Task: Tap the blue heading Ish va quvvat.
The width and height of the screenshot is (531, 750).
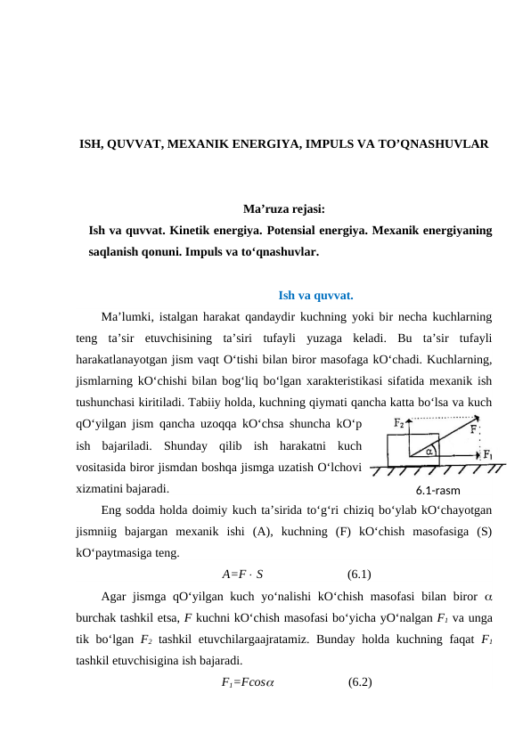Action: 315,296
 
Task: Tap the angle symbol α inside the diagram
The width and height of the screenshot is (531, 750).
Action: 429,451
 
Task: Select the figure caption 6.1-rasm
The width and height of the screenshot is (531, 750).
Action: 438,489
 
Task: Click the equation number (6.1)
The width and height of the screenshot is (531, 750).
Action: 359,573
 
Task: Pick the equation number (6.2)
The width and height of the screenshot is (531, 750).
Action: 360,682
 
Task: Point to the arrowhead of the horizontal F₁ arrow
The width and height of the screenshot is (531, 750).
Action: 480,463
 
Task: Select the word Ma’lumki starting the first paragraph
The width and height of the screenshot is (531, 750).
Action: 125,316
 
